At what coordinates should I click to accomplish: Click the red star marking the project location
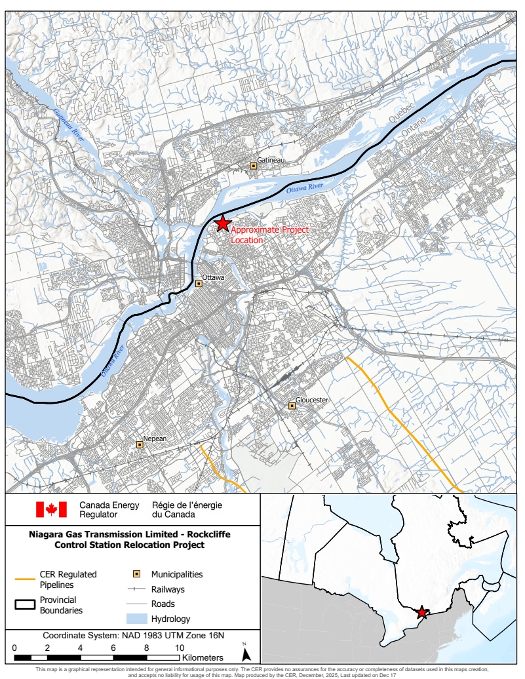click(222, 223)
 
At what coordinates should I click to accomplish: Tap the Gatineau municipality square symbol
click(253, 166)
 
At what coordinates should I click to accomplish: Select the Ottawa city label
click(213, 278)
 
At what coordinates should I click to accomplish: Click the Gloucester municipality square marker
click(292, 406)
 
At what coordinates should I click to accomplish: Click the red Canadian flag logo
click(51, 509)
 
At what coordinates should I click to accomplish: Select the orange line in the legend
click(25, 579)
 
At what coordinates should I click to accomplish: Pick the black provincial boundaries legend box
click(25, 604)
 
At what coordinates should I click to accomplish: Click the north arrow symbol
click(246, 653)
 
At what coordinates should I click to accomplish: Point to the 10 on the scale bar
click(180, 648)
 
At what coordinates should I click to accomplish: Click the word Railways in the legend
click(168, 589)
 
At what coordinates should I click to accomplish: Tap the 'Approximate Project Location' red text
click(269, 235)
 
